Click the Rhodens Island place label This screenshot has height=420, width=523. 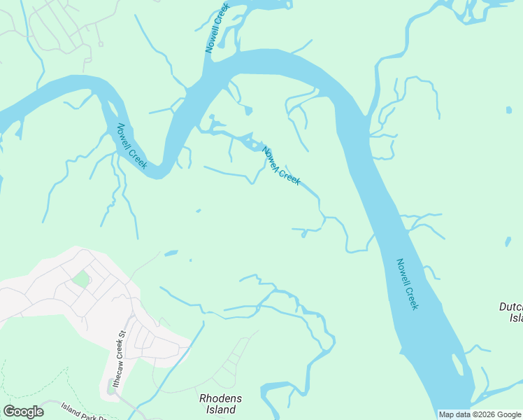[222, 404]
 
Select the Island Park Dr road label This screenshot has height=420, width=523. [83, 409]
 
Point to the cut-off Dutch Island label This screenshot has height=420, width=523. [511, 312]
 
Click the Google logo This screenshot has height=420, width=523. [23, 412]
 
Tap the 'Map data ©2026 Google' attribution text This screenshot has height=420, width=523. [480, 414]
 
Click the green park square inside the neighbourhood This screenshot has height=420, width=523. [81, 279]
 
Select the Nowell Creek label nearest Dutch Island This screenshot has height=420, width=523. [408, 284]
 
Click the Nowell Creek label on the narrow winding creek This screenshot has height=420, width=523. [281, 165]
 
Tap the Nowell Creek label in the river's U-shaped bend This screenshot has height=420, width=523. [131, 146]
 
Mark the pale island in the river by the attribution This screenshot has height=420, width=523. [458, 364]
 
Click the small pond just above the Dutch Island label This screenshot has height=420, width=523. [507, 242]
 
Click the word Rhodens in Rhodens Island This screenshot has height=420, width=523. [220, 399]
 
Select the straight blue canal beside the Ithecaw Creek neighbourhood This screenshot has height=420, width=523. [168, 365]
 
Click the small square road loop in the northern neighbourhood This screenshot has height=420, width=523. [100, 44]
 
